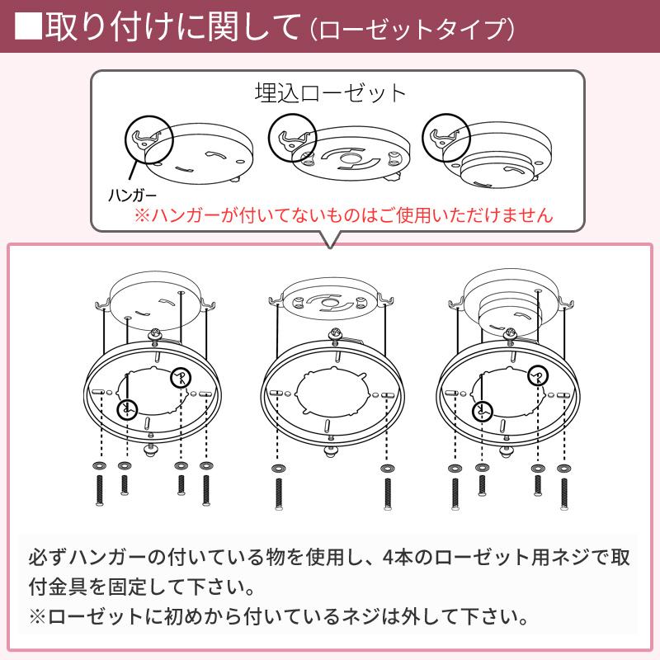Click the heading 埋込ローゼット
tap(331, 92)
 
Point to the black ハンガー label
tap(132, 196)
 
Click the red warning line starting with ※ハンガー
tap(344, 217)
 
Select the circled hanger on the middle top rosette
tap(294, 134)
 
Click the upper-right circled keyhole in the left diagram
tap(180, 378)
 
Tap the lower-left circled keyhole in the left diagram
tap(126, 408)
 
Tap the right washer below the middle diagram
tap(386, 469)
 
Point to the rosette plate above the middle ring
tap(329, 301)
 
